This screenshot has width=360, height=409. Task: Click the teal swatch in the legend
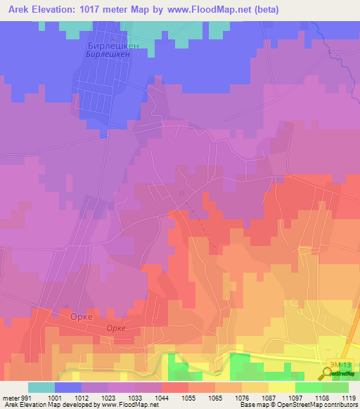[x=41, y=387]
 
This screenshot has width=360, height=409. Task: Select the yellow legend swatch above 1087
[x=282, y=387]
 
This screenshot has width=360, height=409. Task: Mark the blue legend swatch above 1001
[x=68, y=387]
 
